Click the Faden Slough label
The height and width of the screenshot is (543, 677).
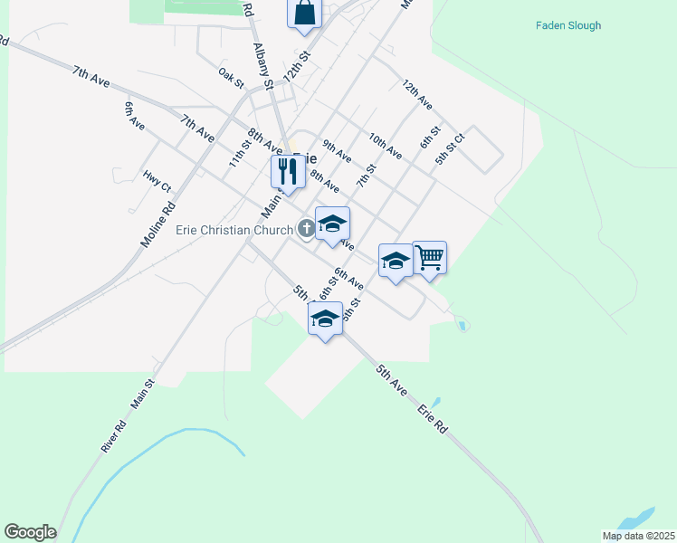(x=567, y=25)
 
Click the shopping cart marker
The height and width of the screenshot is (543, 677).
(x=429, y=257)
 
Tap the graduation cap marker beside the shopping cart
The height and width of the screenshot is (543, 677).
(x=395, y=261)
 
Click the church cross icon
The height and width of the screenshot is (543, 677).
(x=306, y=230)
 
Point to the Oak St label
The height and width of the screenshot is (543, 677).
(x=232, y=79)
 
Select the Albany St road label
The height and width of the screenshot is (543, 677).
(x=263, y=66)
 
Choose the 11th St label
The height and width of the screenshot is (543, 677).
(x=239, y=153)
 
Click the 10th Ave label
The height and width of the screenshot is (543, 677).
(x=385, y=146)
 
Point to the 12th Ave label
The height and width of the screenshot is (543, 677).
(x=417, y=95)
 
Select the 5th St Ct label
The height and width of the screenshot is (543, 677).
(x=449, y=149)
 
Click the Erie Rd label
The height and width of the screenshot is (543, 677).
(x=433, y=418)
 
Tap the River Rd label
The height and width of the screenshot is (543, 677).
(x=113, y=436)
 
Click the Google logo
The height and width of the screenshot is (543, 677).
(x=30, y=532)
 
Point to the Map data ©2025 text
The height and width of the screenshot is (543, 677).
(x=637, y=536)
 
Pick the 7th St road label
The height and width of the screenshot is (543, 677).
(x=365, y=174)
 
